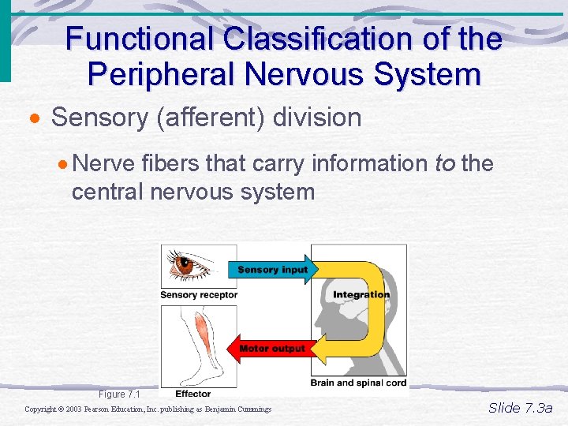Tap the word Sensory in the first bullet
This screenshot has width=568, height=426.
coord(99,118)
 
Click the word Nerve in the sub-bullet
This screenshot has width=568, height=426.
coord(104,164)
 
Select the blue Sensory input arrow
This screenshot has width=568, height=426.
coord(273,270)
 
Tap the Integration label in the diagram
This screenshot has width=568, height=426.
coord(361,295)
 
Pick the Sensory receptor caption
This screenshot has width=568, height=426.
coord(198,295)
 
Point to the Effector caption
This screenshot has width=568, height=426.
coord(192,394)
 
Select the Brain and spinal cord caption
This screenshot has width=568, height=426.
coord(359,383)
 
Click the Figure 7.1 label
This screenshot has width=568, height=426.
coord(118,394)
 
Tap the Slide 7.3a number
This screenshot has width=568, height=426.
coord(521,408)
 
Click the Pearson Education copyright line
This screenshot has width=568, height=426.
coord(148,409)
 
